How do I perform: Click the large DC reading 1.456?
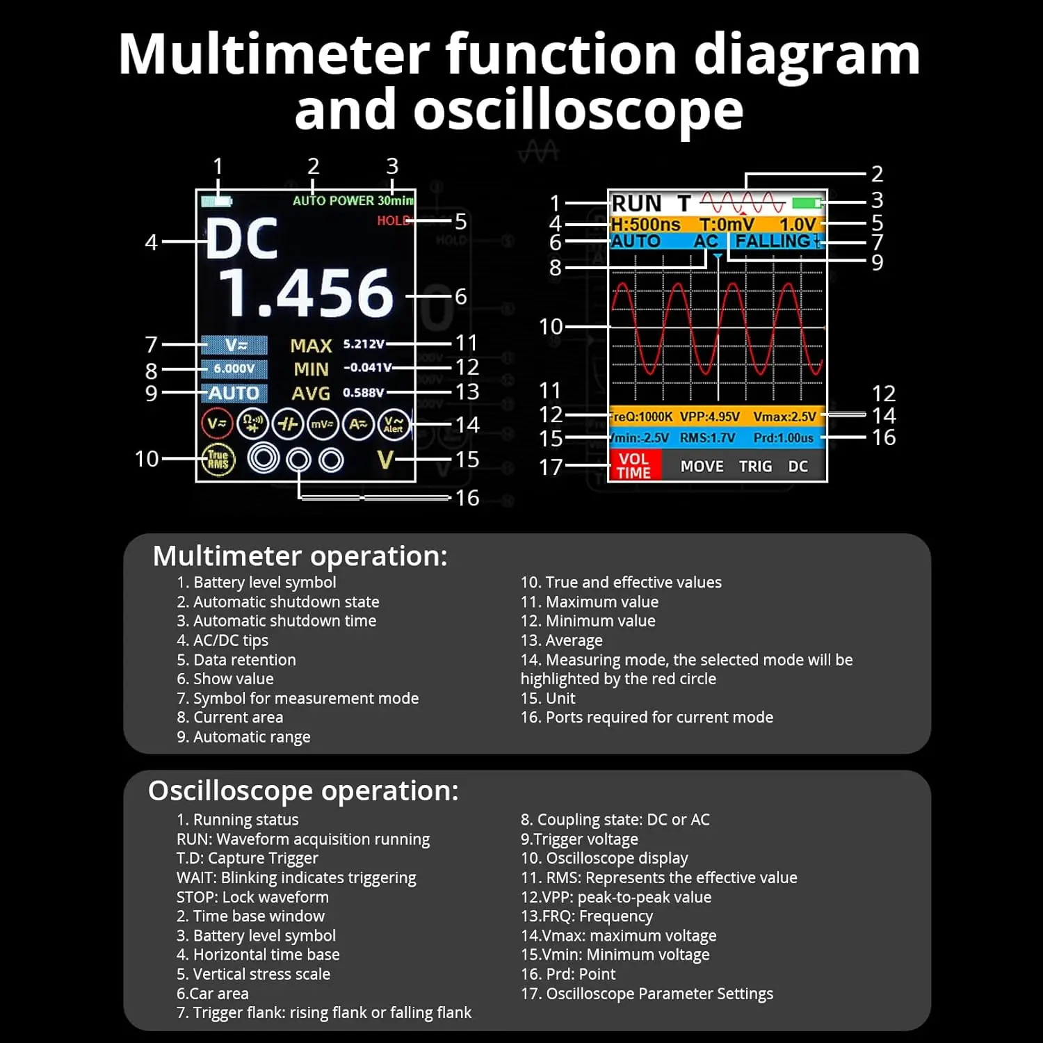pyautogui.click(x=307, y=293)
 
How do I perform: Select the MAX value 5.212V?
pyautogui.click(x=364, y=344)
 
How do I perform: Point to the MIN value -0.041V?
pyautogui.click(x=367, y=368)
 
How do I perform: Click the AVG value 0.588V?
pyautogui.click(x=363, y=393)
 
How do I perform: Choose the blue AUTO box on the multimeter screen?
pyautogui.click(x=234, y=394)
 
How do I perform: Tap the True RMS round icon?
pyautogui.click(x=218, y=460)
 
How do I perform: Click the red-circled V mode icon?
pyautogui.click(x=217, y=423)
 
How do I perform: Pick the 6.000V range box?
pyautogui.click(x=234, y=369)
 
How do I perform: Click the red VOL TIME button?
pyautogui.click(x=634, y=466)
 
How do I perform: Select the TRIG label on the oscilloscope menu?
pyautogui.click(x=755, y=467)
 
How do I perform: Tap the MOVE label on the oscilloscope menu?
pyautogui.click(x=702, y=467)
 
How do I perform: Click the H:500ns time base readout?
pyautogui.click(x=646, y=225)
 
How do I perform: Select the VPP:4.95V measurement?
pyautogui.click(x=709, y=417)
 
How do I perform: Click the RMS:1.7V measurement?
pyautogui.click(x=707, y=438)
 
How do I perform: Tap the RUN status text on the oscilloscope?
pyautogui.click(x=636, y=204)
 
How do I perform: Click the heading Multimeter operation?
pyautogui.click(x=300, y=556)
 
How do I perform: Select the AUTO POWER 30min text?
pyautogui.click(x=353, y=201)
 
